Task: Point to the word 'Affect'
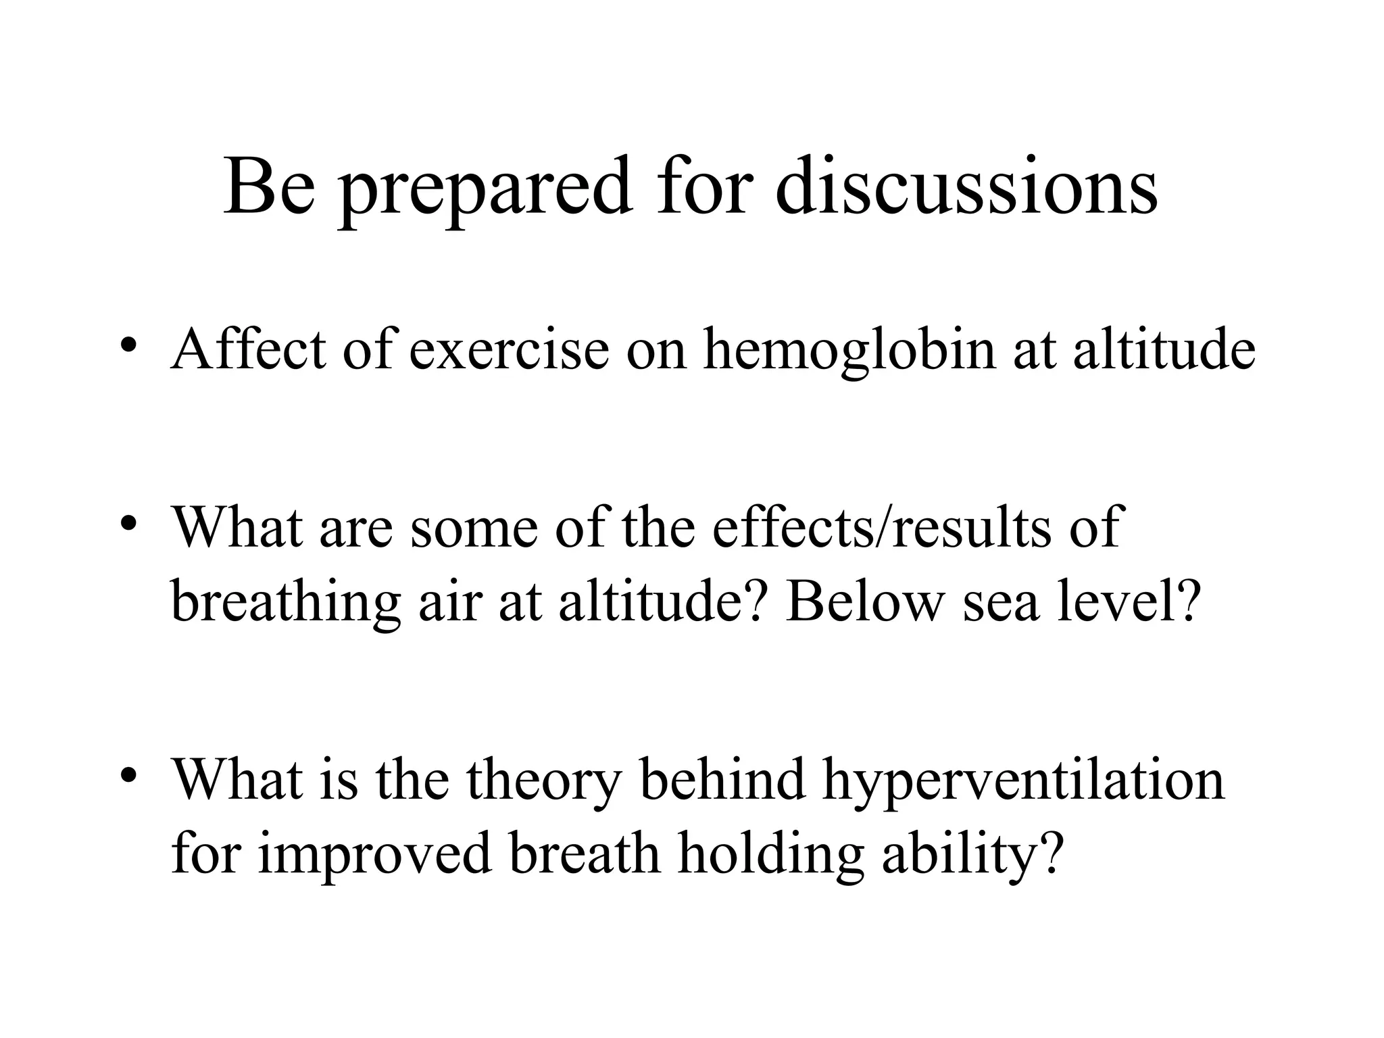tap(248, 349)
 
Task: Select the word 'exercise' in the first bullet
tap(509, 349)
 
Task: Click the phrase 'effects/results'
tap(881, 526)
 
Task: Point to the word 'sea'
tap(1000, 602)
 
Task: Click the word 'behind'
tap(722, 779)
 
